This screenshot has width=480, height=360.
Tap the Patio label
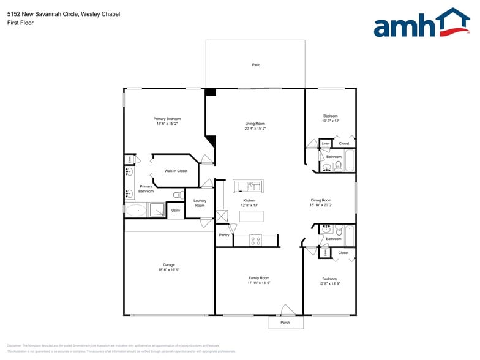(x=256, y=64)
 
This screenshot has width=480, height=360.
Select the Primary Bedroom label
(x=167, y=119)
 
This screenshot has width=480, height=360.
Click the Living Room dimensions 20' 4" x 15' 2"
(x=255, y=129)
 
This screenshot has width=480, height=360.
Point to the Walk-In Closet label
(x=176, y=171)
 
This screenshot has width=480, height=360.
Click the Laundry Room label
(x=200, y=203)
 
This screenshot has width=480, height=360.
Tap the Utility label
(x=175, y=210)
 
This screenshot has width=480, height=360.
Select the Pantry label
(x=224, y=234)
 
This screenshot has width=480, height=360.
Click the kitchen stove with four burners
(x=255, y=241)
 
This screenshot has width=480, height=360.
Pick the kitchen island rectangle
(x=251, y=216)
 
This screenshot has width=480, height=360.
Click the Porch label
(x=285, y=323)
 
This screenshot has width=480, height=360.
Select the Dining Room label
(x=320, y=200)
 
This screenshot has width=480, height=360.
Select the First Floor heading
(x=20, y=23)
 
